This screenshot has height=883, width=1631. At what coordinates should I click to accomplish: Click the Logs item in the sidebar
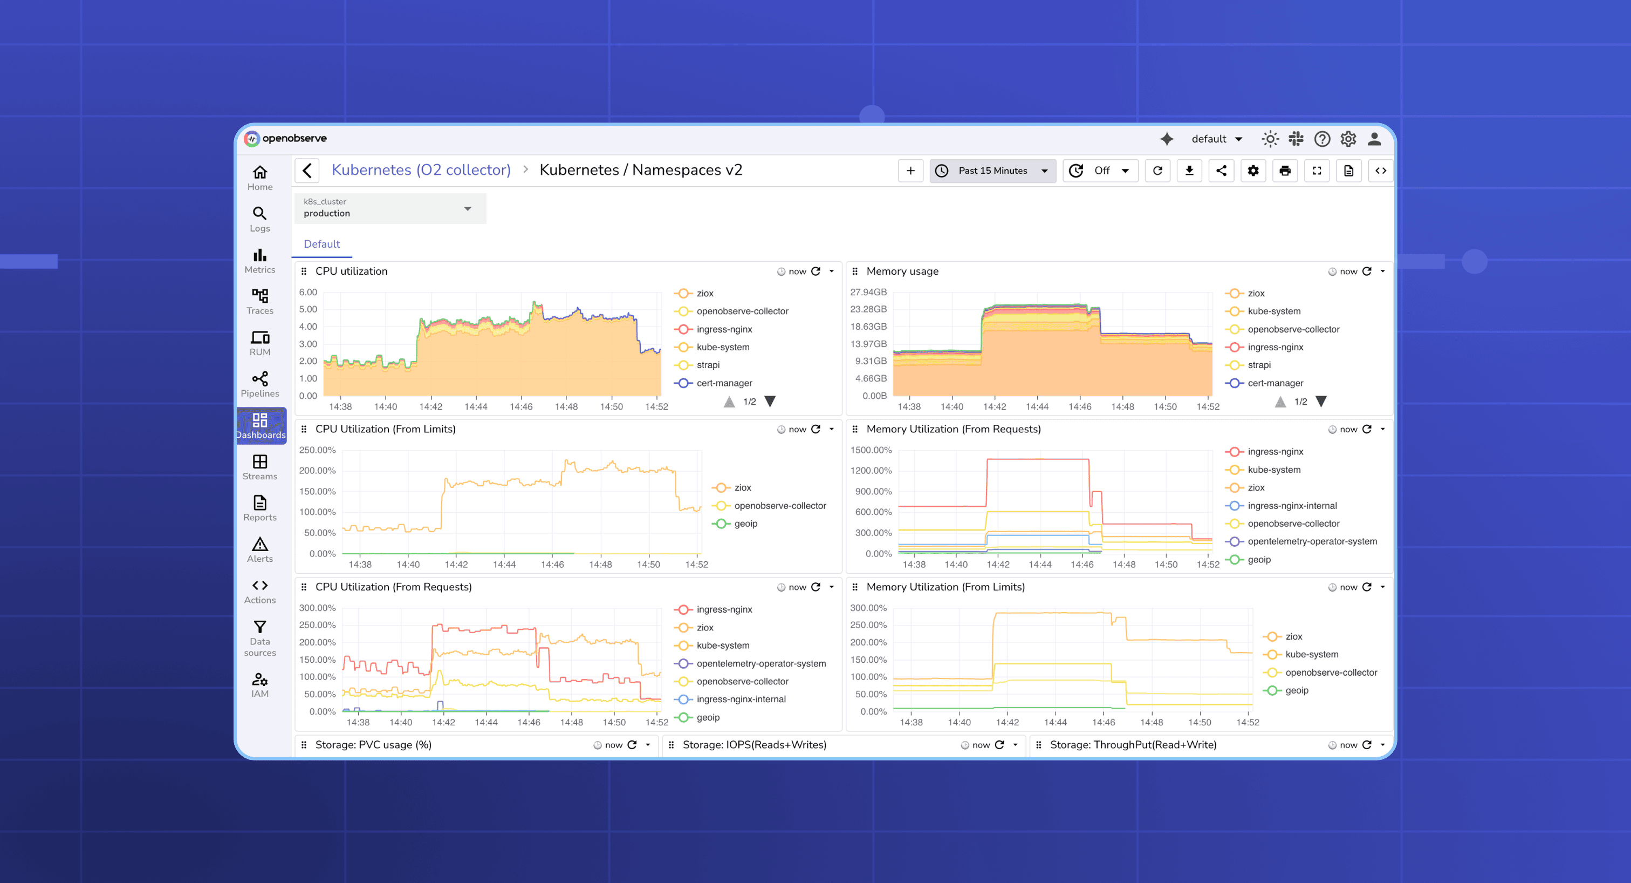pos(259,219)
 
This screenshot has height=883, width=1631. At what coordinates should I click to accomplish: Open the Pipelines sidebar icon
pos(259,384)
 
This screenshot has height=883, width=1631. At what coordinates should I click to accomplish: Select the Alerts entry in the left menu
pos(259,550)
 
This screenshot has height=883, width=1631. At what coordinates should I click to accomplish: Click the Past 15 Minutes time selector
pos(992,171)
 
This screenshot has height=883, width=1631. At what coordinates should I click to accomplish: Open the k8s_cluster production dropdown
pos(390,208)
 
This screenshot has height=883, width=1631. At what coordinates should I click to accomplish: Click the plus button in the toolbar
pos(910,171)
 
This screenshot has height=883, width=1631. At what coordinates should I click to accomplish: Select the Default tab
pos(321,244)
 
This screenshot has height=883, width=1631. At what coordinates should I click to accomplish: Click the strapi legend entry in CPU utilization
pos(707,365)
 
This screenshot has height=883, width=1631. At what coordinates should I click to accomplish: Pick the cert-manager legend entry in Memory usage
pos(1274,383)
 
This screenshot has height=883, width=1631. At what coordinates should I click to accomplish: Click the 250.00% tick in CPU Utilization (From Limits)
pos(317,450)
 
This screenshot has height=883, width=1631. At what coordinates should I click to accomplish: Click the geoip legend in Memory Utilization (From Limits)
pos(1296,690)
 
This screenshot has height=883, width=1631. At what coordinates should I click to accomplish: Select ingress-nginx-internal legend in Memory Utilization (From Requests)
pos(1292,506)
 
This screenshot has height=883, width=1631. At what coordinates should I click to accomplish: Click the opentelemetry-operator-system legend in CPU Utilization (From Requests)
pos(760,663)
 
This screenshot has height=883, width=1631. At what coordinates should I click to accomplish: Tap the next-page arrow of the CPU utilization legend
pos(770,402)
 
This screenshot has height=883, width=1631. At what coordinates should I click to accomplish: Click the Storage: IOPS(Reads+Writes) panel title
pos(754,745)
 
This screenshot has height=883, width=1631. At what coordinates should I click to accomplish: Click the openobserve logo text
pos(294,138)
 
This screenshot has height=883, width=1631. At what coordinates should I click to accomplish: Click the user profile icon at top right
pos(1374,139)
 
